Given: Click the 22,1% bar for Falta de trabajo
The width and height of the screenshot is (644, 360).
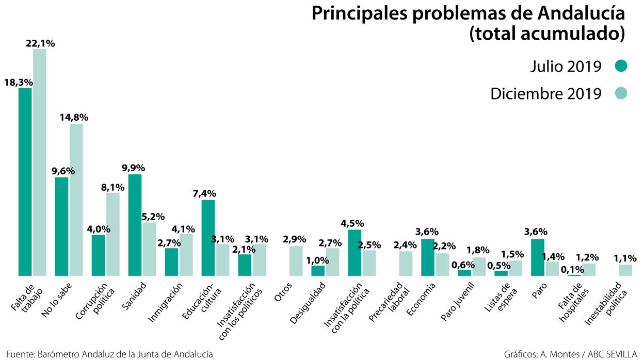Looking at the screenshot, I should [x=40, y=162].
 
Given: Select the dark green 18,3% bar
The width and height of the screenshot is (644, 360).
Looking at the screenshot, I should [x=25, y=182].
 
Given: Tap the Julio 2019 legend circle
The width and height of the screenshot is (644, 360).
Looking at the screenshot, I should [x=621, y=66].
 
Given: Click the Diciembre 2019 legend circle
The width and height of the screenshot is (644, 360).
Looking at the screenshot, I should [x=621, y=93].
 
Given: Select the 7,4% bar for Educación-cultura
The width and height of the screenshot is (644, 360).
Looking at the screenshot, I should [x=208, y=237].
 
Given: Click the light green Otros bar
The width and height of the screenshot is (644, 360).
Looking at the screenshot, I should [x=296, y=261].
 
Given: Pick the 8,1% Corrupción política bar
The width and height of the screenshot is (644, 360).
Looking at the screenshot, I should [x=113, y=234].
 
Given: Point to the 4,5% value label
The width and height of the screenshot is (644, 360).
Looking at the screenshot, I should [x=352, y=223].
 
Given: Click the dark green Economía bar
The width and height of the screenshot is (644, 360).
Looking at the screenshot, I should [x=428, y=257].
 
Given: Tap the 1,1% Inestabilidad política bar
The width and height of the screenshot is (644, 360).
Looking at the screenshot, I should [x=625, y=270].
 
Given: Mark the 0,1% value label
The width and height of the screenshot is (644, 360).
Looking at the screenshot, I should [x=572, y=269].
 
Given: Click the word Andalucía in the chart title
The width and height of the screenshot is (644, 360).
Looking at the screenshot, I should [x=577, y=14].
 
